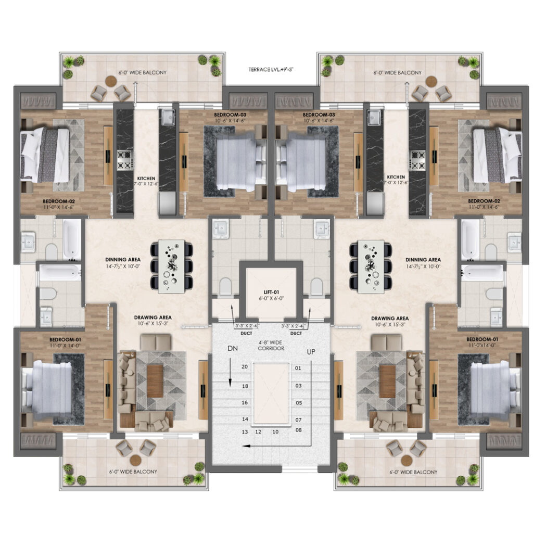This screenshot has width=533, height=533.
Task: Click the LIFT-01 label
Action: click(271, 292)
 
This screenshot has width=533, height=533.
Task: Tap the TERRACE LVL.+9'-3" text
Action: click(271, 70)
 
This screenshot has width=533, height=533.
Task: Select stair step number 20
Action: click(245, 367)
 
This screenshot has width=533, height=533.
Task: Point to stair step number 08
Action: click(298, 430)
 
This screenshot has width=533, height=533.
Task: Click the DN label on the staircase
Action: click(233, 348)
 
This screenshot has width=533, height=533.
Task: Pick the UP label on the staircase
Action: click(311, 352)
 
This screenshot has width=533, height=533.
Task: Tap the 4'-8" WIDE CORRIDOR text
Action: click(271, 346)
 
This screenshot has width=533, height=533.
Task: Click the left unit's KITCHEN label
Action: click(146, 179)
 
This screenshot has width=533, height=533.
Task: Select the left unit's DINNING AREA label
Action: click(123, 260)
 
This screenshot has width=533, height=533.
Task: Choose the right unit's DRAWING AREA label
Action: click(390, 319)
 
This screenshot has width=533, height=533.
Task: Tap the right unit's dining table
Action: click(371, 266)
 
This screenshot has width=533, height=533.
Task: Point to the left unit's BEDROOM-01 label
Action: click(65, 339)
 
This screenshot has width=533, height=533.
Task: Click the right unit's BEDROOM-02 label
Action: click(484, 201)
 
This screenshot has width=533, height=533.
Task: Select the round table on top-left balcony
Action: click(111, 81)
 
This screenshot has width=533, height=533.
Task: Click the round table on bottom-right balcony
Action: click(407, 461)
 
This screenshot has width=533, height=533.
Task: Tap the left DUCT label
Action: click(246, 334)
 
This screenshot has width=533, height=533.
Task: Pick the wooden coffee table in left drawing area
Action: click(155, 380)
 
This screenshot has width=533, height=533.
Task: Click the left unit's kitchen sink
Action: click(168, 117)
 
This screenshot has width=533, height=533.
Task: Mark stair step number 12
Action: click(258, 432)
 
